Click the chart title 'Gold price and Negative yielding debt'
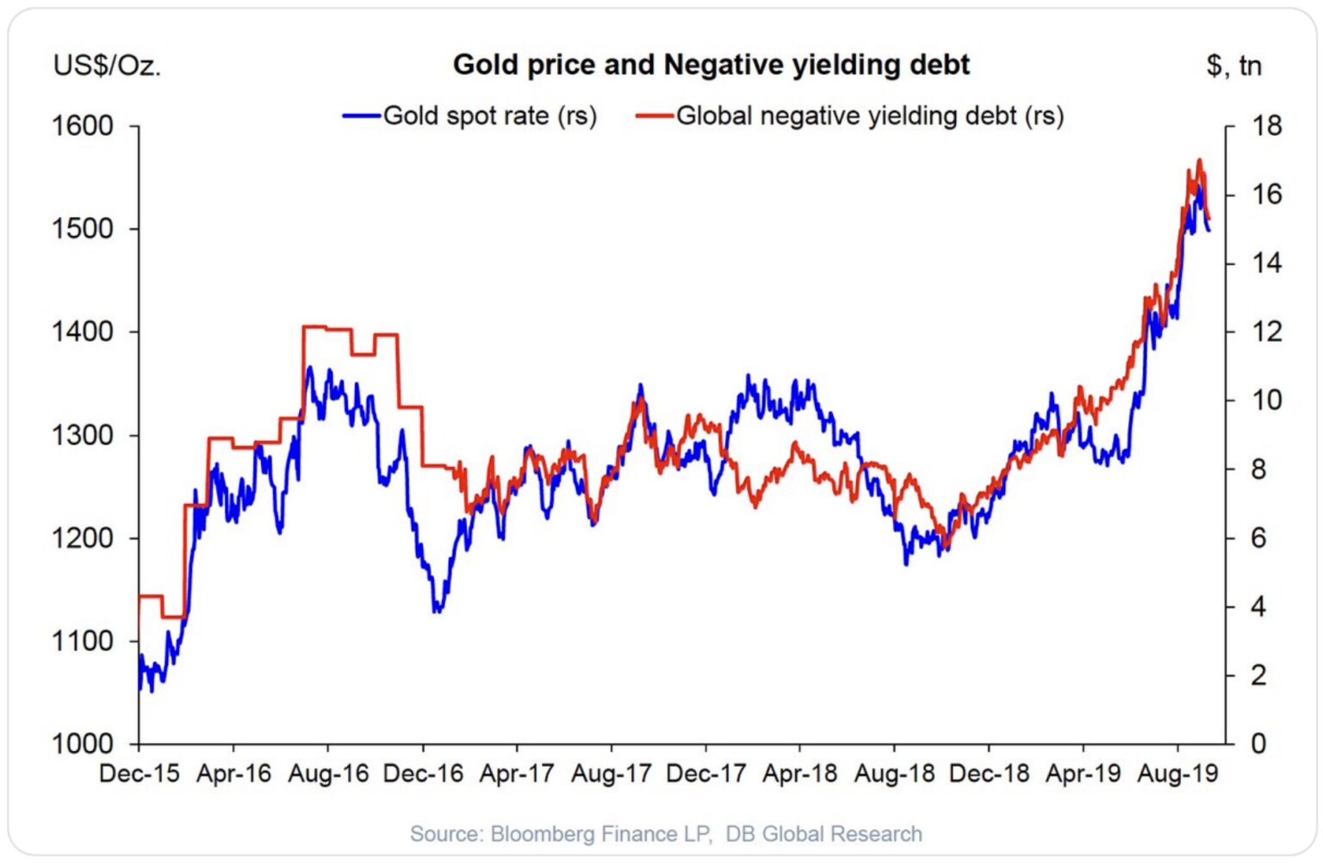[x=711, y=65]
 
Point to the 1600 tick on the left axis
[x=83, y=126]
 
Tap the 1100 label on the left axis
[x=83, y=641]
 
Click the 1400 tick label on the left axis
[x=83, y=332]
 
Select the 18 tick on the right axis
[x=1266, y=126]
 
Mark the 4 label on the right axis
[x=1258, y=606]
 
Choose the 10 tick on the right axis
[x=1266, y=401]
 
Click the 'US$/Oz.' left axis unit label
[x=107, y=65]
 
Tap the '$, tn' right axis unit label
[x=1233, y=65]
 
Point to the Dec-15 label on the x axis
[x=140, y=774]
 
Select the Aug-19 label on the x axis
[x=1177, y=774]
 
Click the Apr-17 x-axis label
[x=517, y=774]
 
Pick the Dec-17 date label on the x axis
[x=705, y=774]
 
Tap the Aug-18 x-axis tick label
[x=894, y=774]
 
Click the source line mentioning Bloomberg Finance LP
[x=666, y=834]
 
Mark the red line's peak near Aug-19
[x=1199, y=160]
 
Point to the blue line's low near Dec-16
[x=438, y=611]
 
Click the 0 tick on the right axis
[x=1258, y=743]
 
